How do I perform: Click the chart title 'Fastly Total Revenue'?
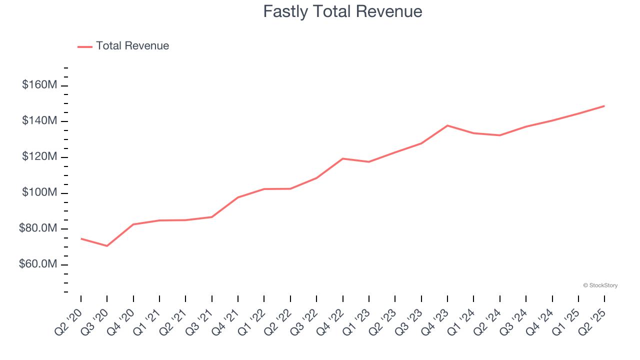click(x=342, y=11)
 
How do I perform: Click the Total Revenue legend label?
click(x=132, y=46)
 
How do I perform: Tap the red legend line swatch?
click(x=85, y=46)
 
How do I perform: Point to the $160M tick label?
click(x=39, y=85)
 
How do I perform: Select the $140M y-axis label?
click(x=39, y=121)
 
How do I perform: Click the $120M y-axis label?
click(x=39, y=157)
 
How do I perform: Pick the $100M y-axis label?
click(x=39, y=193)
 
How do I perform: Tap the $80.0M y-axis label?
click(x=38, y=229)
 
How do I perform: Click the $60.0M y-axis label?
click(x=38, y=264)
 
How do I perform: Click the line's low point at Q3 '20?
click(x=107, y=246)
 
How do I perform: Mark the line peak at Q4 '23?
click(x=447, y=125)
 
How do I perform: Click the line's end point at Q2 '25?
click(x=604, y=106)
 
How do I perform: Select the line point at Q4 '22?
click(x=343, y=158)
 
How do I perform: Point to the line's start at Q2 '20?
click(x=81, y=238)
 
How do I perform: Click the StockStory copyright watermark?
click(x=600, y=285)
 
